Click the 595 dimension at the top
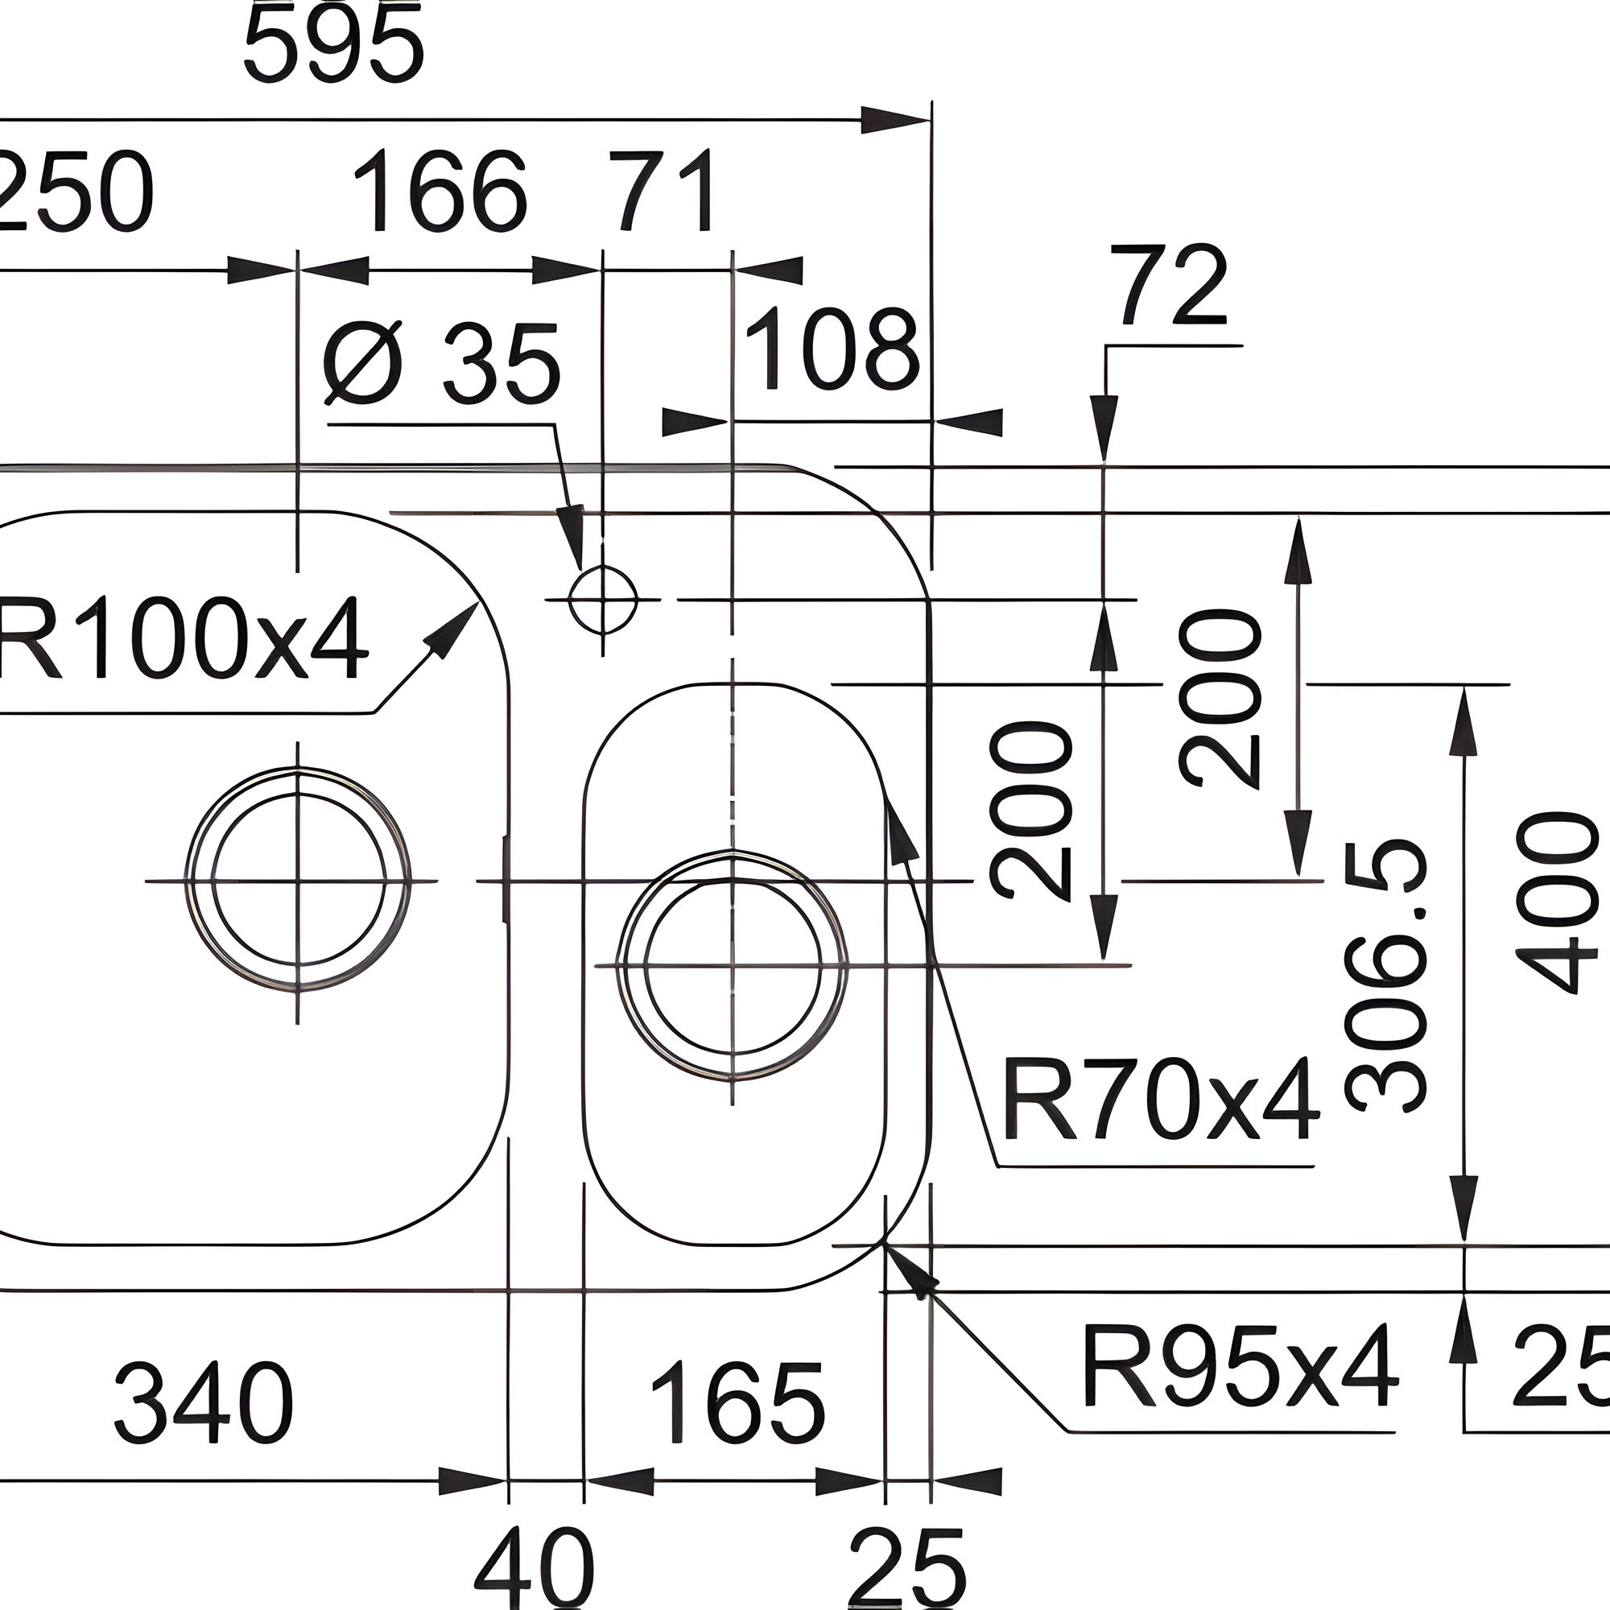tap(334, 46)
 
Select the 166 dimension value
tap(440, 192)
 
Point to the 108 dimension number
tap(832, 350)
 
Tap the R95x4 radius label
tap(1238, 1368)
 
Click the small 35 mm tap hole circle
tap(602, 599)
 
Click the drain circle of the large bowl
tap(298, 880)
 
